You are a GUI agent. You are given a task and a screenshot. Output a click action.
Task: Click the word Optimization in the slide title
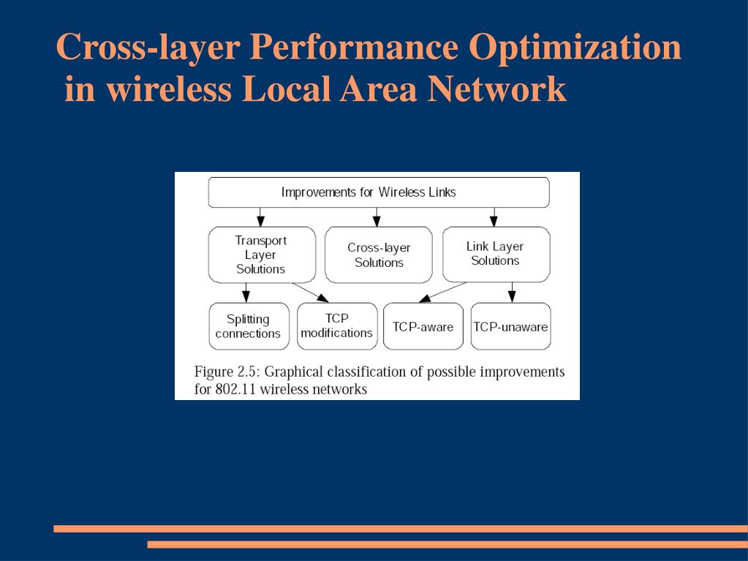point(575,48)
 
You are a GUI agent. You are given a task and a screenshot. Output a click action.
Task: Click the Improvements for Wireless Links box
point(378,192)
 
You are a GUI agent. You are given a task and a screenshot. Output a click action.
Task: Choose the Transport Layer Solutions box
point(261,255)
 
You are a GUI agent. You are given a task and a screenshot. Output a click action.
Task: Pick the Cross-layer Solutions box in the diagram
point(378,255)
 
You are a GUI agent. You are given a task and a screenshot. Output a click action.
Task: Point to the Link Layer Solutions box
point(495,254)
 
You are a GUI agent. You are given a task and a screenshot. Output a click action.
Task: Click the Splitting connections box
point(248,326)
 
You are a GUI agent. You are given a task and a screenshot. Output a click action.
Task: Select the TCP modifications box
point(336,326)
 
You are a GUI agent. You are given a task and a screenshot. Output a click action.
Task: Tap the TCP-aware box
point(423,326)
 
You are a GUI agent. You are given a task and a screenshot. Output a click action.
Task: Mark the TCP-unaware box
point(510,326)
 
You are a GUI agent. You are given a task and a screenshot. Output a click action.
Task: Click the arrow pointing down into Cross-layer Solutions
point(377,217)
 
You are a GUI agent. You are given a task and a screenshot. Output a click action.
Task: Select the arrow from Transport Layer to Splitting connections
point(246,292)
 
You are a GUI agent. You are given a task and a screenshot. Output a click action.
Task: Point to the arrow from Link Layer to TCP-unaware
point(512,292)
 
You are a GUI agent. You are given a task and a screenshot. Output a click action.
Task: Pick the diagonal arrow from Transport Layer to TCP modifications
point(311,291)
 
